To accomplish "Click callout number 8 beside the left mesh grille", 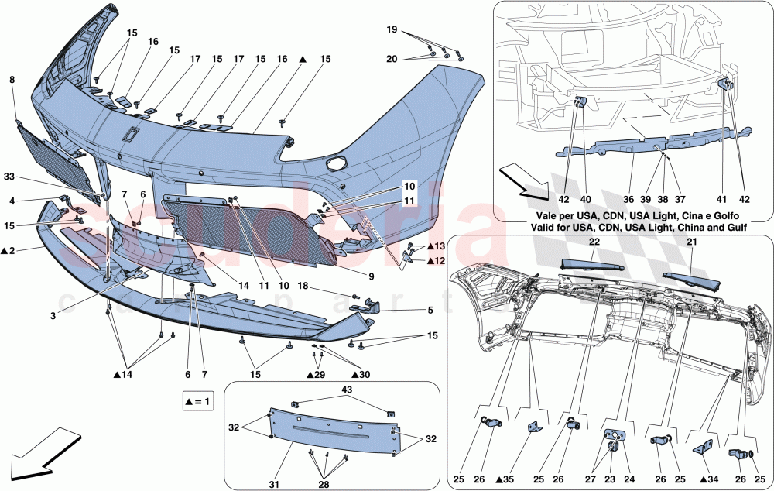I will [x=12, y=79].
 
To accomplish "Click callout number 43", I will [x=347, y=388].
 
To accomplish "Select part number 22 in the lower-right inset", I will [x=594, y=242].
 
